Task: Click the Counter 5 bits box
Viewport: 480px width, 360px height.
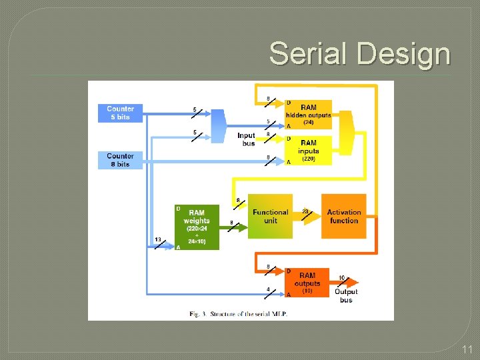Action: (120, 113)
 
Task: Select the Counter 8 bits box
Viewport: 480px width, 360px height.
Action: (120, 160)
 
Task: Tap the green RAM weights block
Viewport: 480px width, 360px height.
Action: (197, 227)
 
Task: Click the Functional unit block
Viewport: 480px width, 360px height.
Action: (270, 216)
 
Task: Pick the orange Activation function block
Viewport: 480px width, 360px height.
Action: (344, 216)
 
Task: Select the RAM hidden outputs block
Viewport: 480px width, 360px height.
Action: (308, 114)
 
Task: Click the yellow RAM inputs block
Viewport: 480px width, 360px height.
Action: (308, 151)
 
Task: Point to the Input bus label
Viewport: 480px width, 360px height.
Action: (246, 139)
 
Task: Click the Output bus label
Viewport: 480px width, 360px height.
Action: (346, 295)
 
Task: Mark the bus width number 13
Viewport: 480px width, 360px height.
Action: (157, 239)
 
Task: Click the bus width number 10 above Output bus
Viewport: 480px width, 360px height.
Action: (342, 277)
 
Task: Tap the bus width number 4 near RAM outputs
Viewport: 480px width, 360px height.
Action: (268, 288)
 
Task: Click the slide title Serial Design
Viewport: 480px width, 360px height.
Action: (359, 53)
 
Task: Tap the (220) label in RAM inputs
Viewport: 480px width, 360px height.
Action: (308, 159)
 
